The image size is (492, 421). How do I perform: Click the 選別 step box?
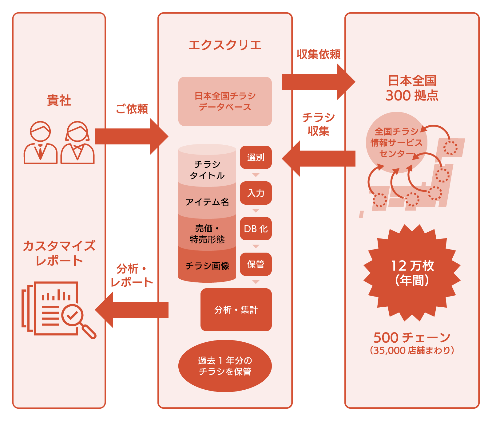point(256,157)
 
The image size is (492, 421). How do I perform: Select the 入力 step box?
point(256,193)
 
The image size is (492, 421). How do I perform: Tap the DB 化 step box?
point(256,229)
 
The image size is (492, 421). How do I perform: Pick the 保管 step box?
point(256,264)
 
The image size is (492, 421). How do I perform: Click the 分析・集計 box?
point(236,309)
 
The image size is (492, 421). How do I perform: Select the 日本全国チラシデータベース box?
point(225,101)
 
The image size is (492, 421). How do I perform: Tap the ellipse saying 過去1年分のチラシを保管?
point(225,366)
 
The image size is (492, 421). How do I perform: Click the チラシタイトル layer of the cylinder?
point(207,170)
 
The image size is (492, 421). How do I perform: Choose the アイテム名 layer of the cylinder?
point(207,202)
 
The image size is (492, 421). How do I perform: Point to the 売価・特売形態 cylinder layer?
point(207,234)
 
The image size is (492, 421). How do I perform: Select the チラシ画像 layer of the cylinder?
point(207,266)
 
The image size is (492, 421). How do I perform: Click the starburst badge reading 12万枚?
point(412,273)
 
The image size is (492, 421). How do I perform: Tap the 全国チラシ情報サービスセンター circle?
point(396,143)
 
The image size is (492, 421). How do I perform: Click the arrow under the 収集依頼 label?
point(317,82)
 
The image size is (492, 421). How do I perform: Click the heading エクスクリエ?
point(225,45)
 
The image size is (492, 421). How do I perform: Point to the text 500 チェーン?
point(412,337)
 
